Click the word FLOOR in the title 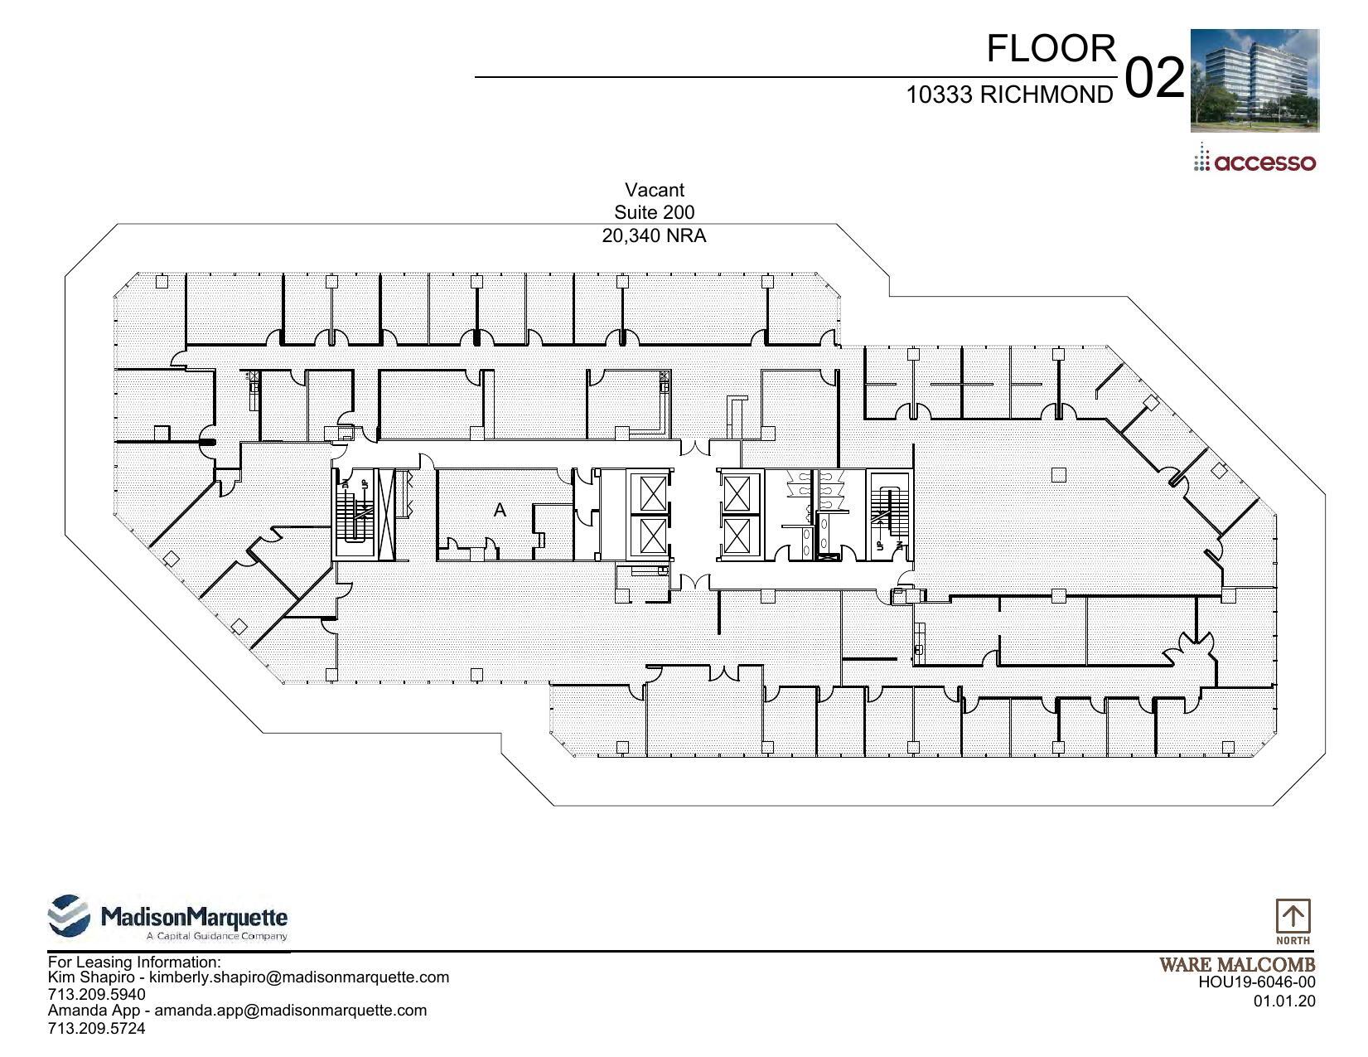1051,49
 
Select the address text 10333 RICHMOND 1009,95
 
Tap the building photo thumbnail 1254,80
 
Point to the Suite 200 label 654,213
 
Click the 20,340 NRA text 654,236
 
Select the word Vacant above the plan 654,190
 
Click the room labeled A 500,511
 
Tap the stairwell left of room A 354,513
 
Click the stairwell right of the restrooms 889,515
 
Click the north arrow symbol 1293,917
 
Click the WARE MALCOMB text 1236,965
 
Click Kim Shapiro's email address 298,977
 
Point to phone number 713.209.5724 96,1028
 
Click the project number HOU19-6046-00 1256,982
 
